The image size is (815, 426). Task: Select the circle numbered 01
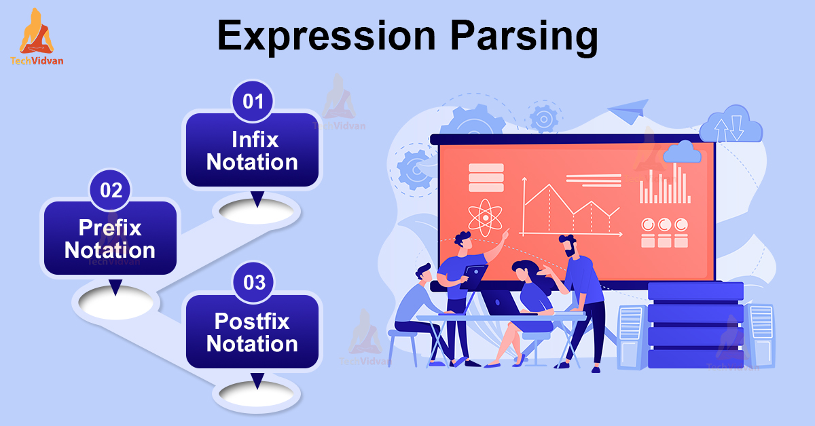pos(253,102)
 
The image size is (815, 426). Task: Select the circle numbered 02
pos(110,190)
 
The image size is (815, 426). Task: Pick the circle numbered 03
pos(253,282)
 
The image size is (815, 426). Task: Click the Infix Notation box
pos(252,151)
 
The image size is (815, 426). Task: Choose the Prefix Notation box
pos(110,239)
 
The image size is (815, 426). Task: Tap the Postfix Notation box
pos(252,332)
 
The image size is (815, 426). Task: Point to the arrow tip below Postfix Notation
pos(257,381)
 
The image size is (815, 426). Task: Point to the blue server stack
pos(686,326)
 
